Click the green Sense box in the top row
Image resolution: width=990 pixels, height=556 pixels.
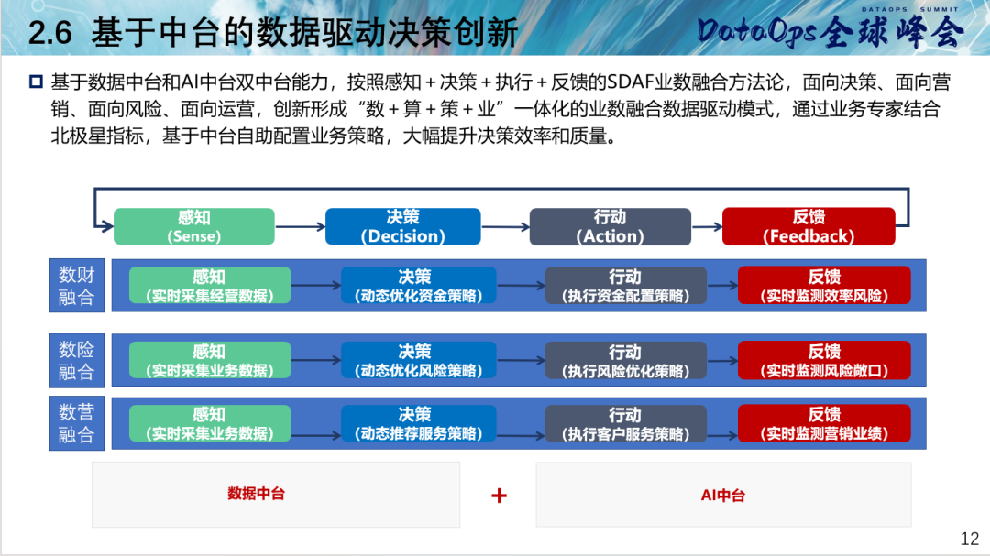tap(193, 226)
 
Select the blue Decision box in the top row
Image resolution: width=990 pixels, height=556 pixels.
tap(402, 226)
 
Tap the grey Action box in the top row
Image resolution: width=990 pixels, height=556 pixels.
tap(610, 226)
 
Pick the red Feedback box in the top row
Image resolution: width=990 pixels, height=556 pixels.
tap(808, 226)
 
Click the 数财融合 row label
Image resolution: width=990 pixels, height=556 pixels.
tap(77, 285)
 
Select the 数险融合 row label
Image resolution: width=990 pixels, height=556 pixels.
tap(77, 360)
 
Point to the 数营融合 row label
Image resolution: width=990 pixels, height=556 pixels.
tap(77, 423)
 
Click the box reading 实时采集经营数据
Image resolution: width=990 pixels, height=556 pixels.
tap(210, 285)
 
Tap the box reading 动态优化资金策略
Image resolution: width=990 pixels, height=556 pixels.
tap(419, 285)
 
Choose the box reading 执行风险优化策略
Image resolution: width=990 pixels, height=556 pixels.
tap(626, 360)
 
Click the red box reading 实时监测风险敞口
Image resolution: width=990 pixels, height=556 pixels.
tap(825, 360)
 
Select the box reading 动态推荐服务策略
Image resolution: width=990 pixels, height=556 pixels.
tap(419, 423)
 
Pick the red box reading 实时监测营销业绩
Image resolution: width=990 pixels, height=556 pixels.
tap(825, 423)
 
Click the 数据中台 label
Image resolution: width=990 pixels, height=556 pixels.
tap(257, 494)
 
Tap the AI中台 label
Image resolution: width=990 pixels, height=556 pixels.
tap(723, 496)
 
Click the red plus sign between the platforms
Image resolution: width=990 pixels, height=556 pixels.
tap(499, 496)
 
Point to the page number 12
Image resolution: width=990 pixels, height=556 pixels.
tap(969, 539)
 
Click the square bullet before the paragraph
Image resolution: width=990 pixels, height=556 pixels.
tap(36, 82)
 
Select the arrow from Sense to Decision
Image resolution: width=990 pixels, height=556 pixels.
tap(300, 226)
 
